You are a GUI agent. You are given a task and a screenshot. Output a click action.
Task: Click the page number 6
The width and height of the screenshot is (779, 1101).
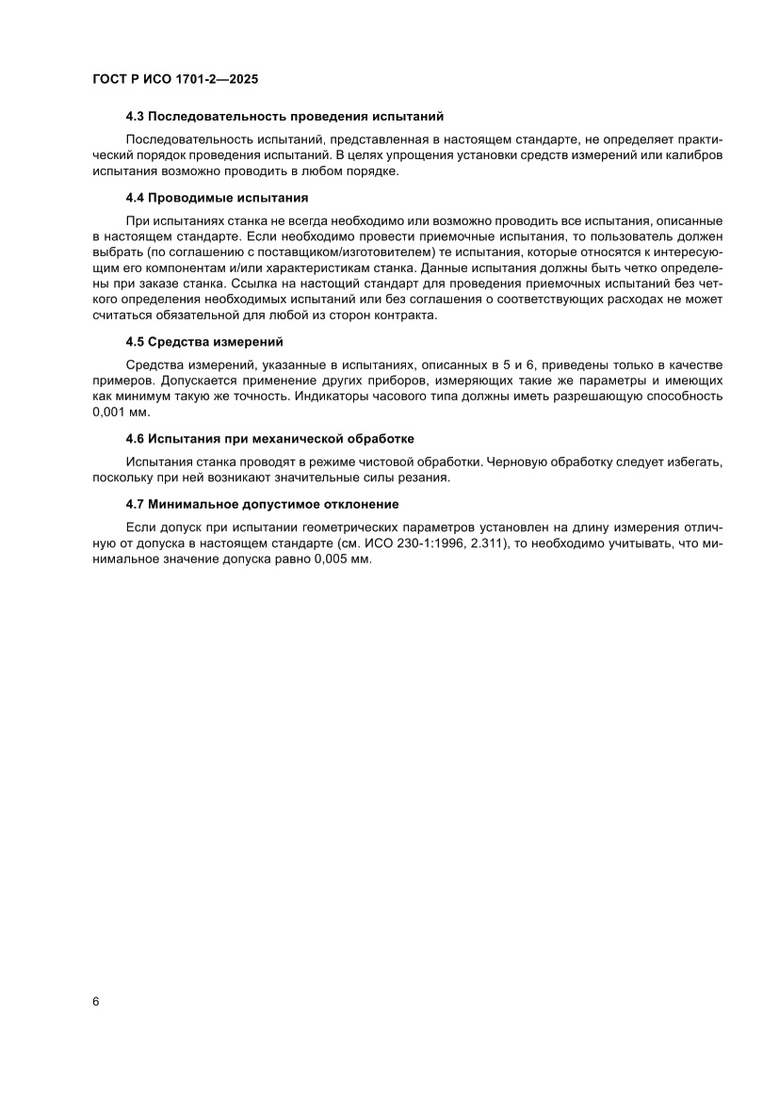coord(96,1001)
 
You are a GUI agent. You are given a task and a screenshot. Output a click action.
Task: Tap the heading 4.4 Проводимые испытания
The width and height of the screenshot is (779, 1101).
coord(218,198)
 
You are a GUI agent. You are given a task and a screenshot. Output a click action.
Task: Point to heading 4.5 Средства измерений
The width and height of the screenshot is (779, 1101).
coord(204,341)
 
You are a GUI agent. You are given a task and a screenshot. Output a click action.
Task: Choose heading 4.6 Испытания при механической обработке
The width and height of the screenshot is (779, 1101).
coord(270,439)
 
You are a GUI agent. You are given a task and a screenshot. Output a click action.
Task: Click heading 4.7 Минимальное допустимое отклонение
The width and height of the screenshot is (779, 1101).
coord(262,504)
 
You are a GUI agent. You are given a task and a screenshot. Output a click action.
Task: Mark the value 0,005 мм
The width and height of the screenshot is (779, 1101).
coord(344,559)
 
